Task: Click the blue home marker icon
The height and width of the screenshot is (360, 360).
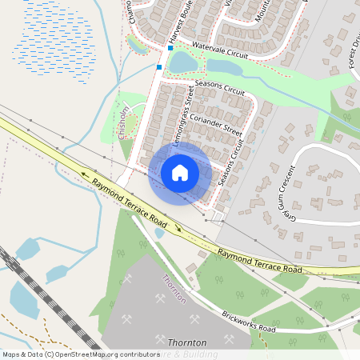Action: click(x=180, y=172)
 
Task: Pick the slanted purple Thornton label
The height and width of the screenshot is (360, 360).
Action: click(x=174, y=288)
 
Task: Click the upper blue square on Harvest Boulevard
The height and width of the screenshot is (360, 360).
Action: click(x=170, y=48)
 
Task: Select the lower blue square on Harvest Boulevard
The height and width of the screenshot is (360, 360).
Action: click(x=160, y=67)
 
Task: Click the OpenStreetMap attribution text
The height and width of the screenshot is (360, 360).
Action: click(x=80, y=354)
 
